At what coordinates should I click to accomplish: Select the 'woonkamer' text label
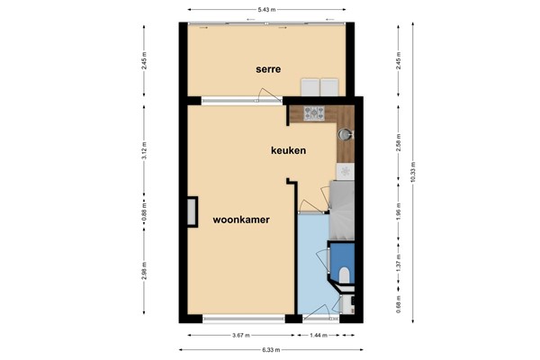click(242, 219)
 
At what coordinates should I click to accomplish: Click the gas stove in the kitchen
click(314, 114)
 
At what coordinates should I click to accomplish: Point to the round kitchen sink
click(346, 135)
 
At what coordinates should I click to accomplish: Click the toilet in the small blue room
click(346, 274)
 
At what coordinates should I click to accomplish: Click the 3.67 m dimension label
click(240, 334)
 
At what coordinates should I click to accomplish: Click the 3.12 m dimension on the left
click(145, 154)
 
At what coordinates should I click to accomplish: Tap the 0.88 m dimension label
click(145, 213)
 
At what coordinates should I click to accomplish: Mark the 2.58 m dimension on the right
click(398, 146)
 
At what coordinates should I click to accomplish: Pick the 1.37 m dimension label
click(398, 267)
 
